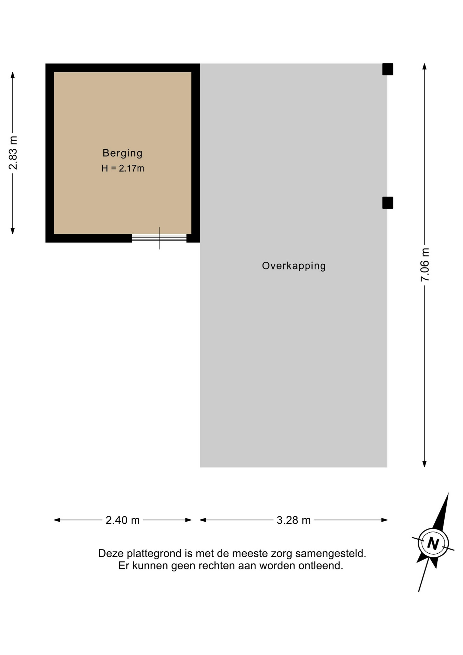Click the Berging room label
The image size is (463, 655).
coord(122,153)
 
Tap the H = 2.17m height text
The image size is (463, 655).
coord(123,169)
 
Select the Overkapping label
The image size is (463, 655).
coord(294,266)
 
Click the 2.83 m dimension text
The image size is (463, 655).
coord(13,152)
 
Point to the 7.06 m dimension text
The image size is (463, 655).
coord(425,265)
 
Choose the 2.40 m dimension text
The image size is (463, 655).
coord(122,520)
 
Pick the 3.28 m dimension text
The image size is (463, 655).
coord(294,520)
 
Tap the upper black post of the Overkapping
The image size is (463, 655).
coord(388,69)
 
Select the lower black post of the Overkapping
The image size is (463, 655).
coord(388,203)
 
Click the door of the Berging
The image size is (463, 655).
coord(159,238)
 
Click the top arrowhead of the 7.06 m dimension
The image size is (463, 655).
coord(424,66)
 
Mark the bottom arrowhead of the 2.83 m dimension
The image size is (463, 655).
coord(13,231)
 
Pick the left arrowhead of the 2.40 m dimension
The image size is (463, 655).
coord(57,520)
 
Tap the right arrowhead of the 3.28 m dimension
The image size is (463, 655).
coord(385,520)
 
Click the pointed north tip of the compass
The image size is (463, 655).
coord(448,493)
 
